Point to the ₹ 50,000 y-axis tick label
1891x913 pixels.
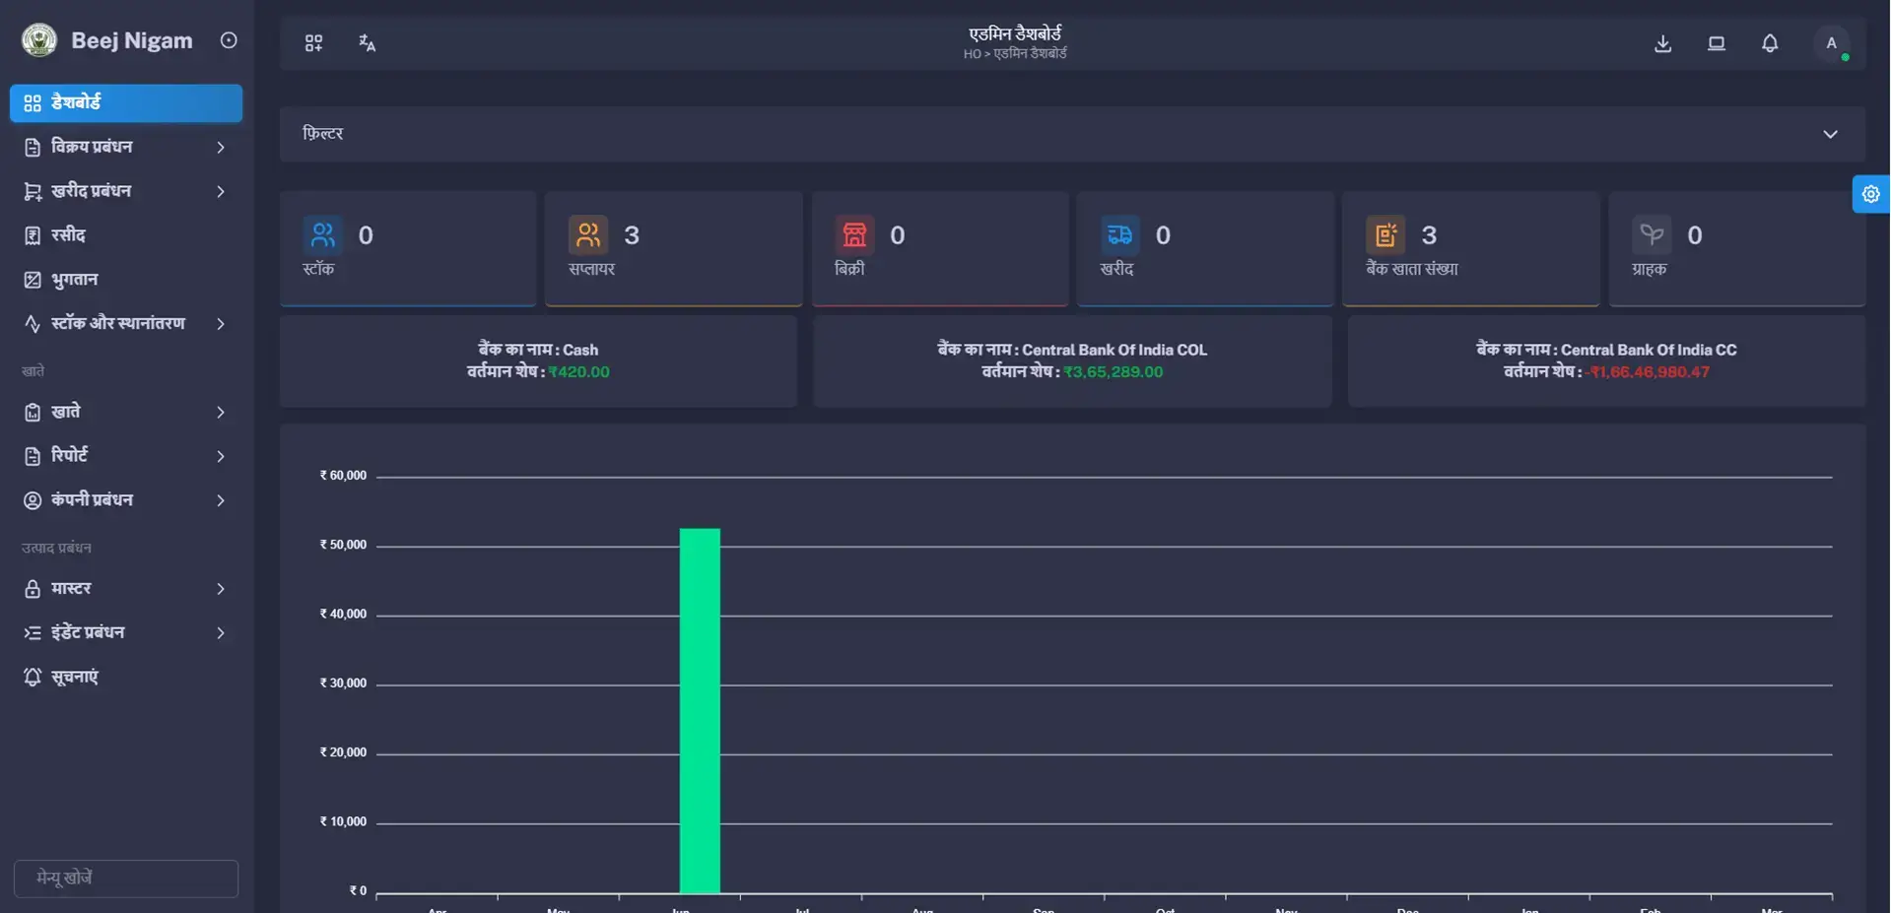click(x=343, y=545)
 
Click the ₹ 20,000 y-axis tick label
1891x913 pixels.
click(x=343, y=752)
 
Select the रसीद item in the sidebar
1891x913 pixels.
click(x=68, y=235)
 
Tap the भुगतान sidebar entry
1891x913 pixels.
click(x=74, y=280)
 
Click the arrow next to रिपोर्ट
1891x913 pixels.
click(x=221, y=456)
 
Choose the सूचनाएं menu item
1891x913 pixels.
click(x=74, y=677)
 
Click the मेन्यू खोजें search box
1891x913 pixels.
click(x=126, y=878)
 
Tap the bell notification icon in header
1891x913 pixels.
click(x=1770, y=43)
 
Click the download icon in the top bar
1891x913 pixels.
click(x=1662, y=43)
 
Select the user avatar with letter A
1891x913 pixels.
click(x=1831, y=43)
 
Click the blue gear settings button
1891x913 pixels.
click(x=1870, y=194)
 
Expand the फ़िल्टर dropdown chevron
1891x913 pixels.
click(x=1830, y=134)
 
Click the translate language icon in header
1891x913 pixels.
click(x=367, y=43)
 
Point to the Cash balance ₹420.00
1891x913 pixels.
click(x=579, y=372)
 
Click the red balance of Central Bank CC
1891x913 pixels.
click(x=1650, y=372)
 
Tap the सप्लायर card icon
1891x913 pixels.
click(x=588, y=235)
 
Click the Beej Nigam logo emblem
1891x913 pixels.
click(x=39, y=40)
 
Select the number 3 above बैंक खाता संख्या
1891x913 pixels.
click(x=1429, y=235)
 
